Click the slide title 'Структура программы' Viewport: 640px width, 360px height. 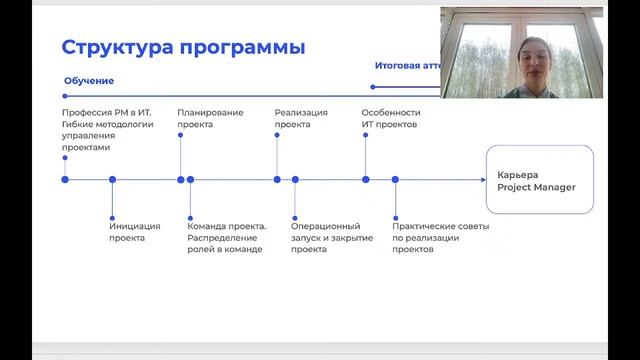tap(183, 47)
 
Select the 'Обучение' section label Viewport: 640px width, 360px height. tap(89, 80)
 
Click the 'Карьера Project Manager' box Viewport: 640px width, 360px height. tap(539, 180)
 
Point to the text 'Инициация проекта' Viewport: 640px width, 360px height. tap(134, 232)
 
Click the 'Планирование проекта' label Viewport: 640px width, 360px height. tap(210, 119)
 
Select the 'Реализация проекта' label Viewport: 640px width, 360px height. tap(301, 119)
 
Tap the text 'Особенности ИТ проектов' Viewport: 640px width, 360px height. tap(391, 119)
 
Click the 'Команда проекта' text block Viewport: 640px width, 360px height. tap(227, 238)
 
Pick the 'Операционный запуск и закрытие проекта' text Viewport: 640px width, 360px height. tap(332, 238)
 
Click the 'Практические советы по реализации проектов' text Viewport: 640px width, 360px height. tap(426, 238)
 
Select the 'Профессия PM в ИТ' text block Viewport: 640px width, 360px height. tap(107, 130)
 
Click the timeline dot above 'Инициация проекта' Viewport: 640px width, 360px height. tap(112, 180)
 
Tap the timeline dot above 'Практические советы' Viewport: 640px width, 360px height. tap(395, 180)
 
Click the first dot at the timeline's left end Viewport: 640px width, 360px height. tap(65, 180)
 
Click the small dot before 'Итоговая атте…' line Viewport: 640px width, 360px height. tap(373, 86)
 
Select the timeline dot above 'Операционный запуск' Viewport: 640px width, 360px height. tap(295, 180)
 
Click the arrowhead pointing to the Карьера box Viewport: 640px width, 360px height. tap(482, 180)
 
